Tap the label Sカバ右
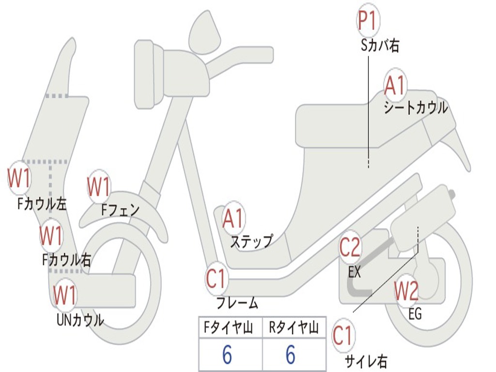click(x=380, y=46)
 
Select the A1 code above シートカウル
click(x=395, y=86)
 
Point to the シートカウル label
click(x=416, y=108)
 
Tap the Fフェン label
click(x=120, y=210)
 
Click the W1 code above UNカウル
click(x=65, y=294)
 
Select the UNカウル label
click(x=80, y=320)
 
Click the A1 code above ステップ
click(x=233, y=219)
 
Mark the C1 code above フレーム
click(x=217, y=279)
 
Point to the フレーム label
click(x=237, y=303)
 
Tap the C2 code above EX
click(x=350, y=248)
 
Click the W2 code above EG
click(x=406, y=291)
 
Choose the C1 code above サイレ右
click(x=343, y=336)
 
